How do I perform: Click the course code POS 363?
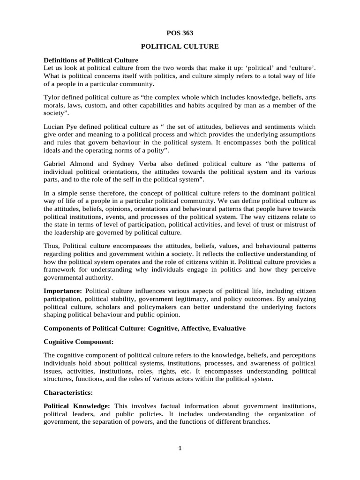[180, 33]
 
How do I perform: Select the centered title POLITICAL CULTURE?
[180, 47]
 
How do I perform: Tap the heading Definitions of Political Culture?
[91, 60]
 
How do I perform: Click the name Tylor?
[52, 97]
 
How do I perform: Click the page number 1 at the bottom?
[180, 448]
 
